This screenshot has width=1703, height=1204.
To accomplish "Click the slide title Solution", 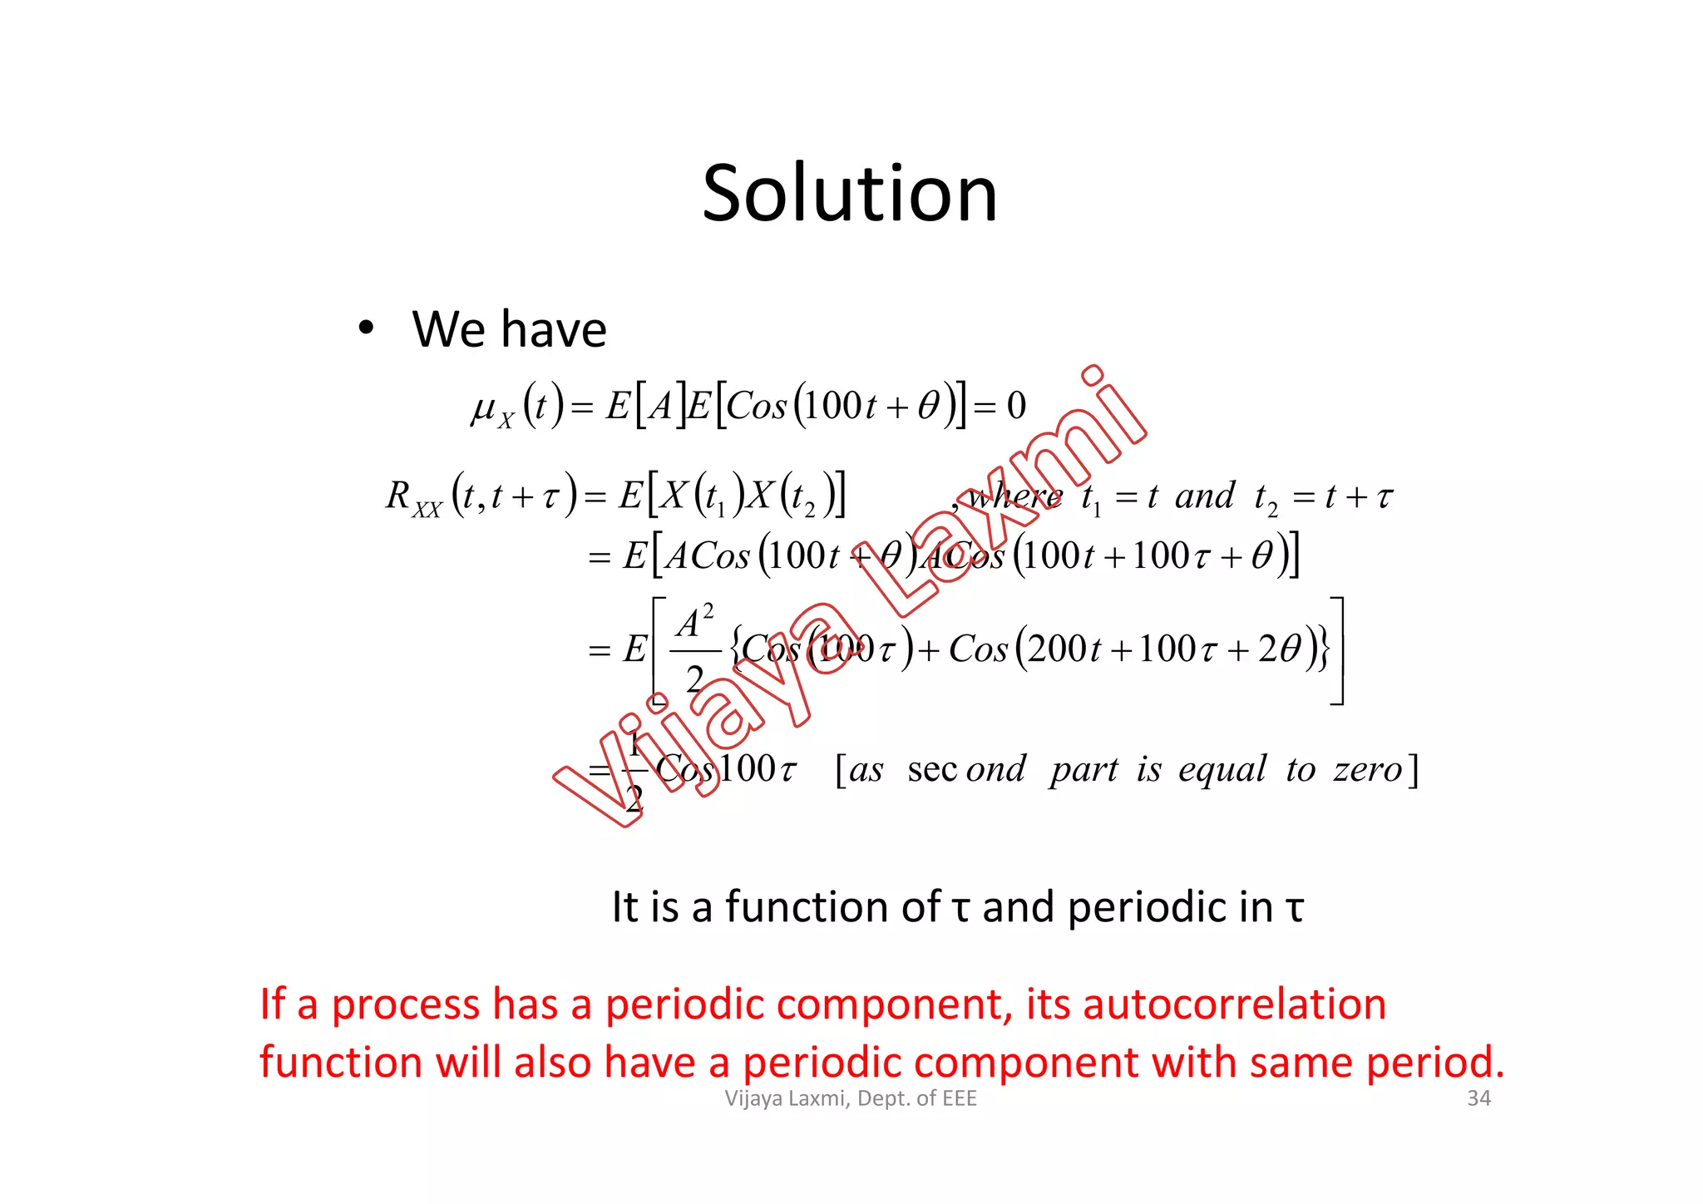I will tap(849, 194).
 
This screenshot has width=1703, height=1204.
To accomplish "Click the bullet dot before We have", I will tap(366, 328).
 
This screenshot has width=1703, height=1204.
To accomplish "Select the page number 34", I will tap(1478, 1098).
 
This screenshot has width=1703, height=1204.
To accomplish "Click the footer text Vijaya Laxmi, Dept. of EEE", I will tap(851, 1098).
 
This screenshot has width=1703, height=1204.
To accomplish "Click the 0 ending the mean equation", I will tap(1016, 406).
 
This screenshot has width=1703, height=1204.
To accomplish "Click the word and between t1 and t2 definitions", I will tap(1204, 496).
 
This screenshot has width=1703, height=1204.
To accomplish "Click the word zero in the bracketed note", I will tap(1368, 769).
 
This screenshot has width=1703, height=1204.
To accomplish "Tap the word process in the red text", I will tap(405, 1005).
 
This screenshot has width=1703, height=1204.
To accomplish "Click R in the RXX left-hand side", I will tap(398, 496).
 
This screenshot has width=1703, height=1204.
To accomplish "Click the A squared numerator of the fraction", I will tap(694, 623).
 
